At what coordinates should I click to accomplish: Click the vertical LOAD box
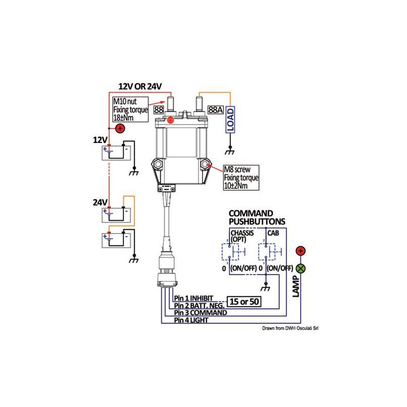230,120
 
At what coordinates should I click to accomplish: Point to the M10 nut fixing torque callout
130,109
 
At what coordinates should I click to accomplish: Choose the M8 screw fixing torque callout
242,178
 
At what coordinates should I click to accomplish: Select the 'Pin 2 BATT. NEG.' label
198,306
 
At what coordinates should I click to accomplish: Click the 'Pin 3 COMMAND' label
200,313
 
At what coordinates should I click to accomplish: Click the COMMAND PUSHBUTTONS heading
257,217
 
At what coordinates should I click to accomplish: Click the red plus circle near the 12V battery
120,128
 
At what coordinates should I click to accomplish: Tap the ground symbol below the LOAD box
230,152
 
